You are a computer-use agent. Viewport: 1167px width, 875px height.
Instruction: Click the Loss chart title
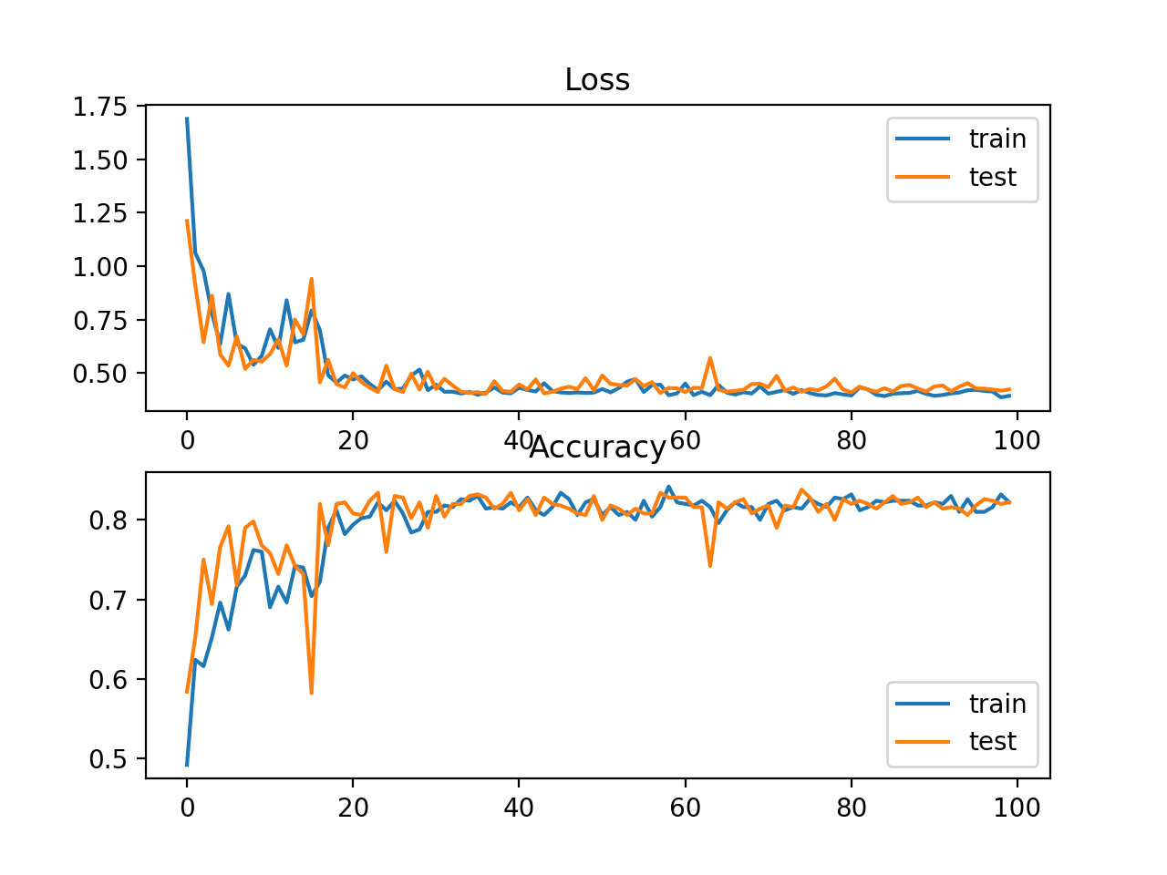(x=597, y=80)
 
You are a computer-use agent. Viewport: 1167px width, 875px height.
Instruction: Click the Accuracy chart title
(x=597, y=448)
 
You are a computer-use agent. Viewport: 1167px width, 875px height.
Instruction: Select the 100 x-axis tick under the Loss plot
(x=1017, y=441)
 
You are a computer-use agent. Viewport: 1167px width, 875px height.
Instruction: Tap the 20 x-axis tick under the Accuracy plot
(x=353, y=808)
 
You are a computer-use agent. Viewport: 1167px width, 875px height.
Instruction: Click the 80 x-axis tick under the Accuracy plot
(x=851, y=808)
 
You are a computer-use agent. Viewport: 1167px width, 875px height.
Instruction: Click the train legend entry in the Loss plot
(x=997, y=139)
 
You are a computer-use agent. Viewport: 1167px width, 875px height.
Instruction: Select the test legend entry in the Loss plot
(x=992, y=177)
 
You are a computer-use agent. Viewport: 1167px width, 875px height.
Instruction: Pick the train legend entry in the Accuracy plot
(x=997, y=704)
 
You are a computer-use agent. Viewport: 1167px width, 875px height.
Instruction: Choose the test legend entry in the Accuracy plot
(x=992, y=742)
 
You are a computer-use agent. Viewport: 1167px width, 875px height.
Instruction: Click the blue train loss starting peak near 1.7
(x=187, y=118)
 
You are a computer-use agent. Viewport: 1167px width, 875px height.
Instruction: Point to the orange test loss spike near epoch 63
(x=710, y=358)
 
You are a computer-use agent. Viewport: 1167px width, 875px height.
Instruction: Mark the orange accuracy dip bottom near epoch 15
(x=312, y=693)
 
